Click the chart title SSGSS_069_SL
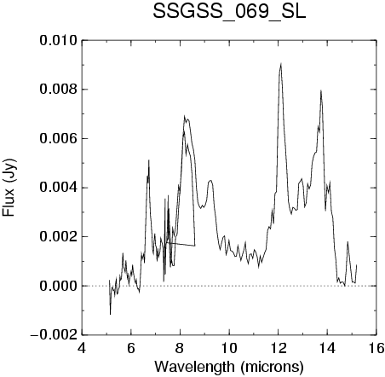[229, 12]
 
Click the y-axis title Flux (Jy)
[9, 188]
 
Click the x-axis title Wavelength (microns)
[229, 367]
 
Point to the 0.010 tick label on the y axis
[59, 41]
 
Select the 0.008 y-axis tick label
[59, 90]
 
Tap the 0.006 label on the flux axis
[59, 139]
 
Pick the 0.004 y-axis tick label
[59, 188]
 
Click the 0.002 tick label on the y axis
[59, 237]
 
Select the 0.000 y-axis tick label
[59, 286]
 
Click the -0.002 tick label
[54, 335]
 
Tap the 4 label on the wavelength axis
[82, 348]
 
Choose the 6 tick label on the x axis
[131, 348]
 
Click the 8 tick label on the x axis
[180, 348]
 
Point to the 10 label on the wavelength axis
[229, 348]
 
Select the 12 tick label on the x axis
[279, 348]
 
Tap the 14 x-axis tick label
[327, 348]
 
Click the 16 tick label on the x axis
[376, 348]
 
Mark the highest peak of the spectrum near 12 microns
[281, 64]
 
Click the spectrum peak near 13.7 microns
[321, 90]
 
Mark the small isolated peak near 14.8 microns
[348, 242]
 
